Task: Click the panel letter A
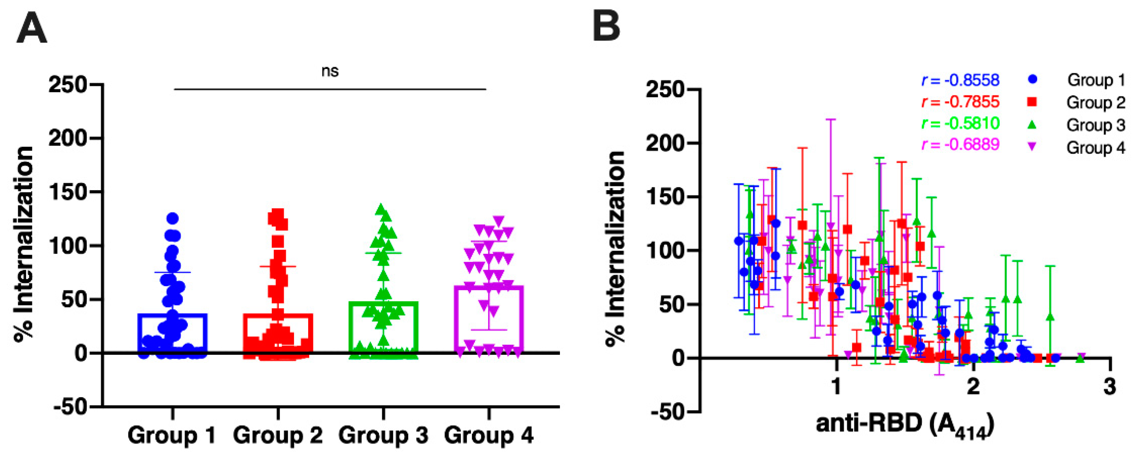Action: click(32, 28)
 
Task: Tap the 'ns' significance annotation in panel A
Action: click(330, 71)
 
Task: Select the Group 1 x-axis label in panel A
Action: click(171, 436)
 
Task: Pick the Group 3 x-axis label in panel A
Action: click(383, 436)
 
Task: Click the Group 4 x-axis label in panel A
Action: click(489, 436)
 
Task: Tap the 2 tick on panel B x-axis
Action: click(973, 387)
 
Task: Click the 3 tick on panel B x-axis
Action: click(1110, 387)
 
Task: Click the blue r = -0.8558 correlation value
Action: click(960, 80)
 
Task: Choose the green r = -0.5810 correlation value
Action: click(960, 123)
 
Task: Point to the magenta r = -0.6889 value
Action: click(960, 145)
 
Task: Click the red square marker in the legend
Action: click(1032, 102)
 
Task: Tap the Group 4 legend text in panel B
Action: click(1096, 148)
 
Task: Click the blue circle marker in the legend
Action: click(1032, 79)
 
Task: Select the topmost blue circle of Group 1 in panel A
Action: click(172, 218)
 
